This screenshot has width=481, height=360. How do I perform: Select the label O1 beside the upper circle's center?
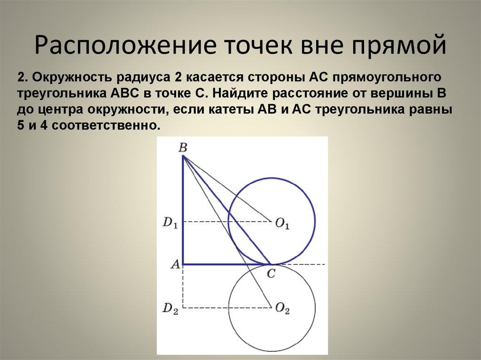282,225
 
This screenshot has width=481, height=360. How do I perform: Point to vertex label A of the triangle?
175,264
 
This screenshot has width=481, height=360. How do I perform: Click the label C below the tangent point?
271,274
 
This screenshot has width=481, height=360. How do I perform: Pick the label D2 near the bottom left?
170,308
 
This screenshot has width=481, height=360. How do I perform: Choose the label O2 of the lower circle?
282,309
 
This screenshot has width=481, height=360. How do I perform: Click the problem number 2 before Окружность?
20,77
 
